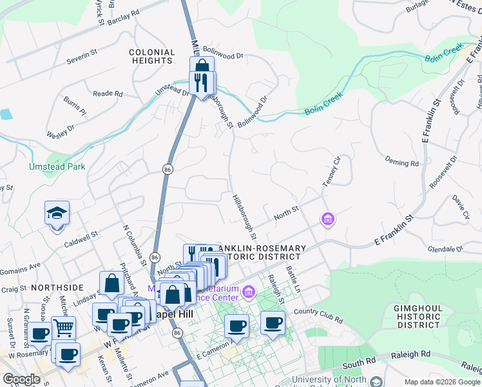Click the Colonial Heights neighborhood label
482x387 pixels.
(151, 56)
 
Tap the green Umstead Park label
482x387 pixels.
(57, 166)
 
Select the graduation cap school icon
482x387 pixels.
(57, 212)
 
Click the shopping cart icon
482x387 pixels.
(63, 328)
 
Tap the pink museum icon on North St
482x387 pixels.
(328, 220)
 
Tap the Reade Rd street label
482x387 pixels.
(108, 94)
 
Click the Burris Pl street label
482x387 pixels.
(75, 105)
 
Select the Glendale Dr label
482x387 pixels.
(445, 248)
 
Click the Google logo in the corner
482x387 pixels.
(21, 379)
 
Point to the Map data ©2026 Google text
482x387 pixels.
(442, 382)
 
